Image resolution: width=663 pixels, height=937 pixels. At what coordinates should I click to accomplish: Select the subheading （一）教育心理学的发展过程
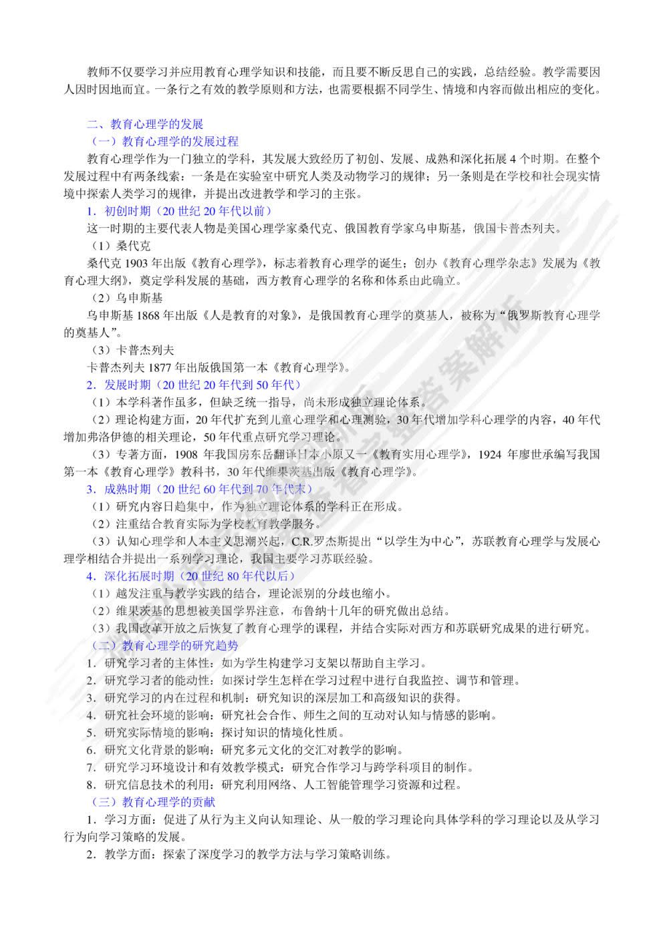164,142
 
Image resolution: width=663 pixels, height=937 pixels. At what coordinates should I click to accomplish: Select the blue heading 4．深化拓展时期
190,576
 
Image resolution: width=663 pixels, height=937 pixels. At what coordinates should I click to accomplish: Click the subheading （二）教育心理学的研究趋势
164,645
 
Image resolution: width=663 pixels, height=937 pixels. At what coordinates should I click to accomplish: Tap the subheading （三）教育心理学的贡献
152,801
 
